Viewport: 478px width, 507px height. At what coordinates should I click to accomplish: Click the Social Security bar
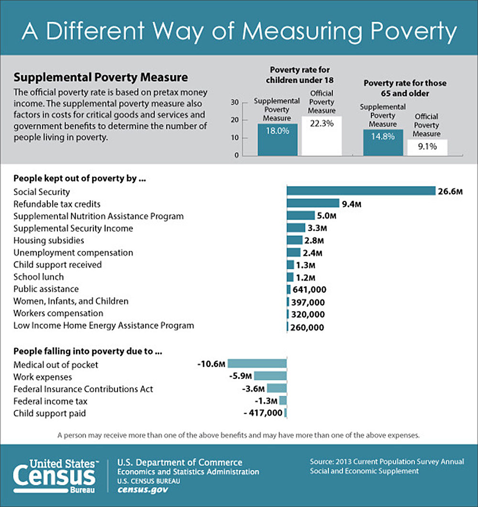coord(361,191)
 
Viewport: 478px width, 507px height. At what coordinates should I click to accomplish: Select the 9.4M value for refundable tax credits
coord(351,204)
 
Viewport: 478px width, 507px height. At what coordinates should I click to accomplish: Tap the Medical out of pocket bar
coord(257,364)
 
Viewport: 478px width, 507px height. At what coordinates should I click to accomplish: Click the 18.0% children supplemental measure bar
coord(277,139)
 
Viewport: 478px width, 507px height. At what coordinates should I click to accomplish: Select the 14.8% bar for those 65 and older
coord(383,142)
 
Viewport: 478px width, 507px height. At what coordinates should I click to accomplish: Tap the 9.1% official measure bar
coord(427,147)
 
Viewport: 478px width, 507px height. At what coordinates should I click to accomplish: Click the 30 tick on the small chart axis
coord(235,102)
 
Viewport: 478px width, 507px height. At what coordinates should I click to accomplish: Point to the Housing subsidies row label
coord(49,240)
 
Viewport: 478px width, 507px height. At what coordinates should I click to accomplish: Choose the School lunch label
coord(38,277)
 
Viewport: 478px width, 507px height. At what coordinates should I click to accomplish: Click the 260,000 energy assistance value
coord(307,328)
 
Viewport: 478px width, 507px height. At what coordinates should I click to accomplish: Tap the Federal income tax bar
coord(283,400)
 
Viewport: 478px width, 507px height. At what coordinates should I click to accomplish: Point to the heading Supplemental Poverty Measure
coord(100,77)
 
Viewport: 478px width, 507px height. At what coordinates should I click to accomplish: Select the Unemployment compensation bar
coord(293,252)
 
